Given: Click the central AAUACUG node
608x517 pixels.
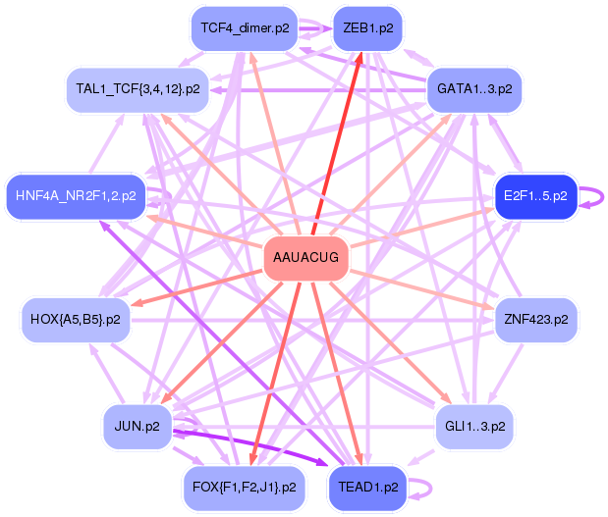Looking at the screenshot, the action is point(305,257).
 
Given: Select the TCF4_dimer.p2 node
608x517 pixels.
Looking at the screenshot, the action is point(245,28).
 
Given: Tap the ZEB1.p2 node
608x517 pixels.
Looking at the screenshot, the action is point(368,28).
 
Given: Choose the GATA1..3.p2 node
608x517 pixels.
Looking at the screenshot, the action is point(474,89).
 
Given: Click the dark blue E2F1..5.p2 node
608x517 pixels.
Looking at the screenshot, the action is point(535,196).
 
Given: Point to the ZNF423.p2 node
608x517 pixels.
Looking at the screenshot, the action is point(536,320).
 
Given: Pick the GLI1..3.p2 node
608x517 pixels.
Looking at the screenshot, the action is point(474,427).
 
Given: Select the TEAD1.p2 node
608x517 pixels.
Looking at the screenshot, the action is point(367,488).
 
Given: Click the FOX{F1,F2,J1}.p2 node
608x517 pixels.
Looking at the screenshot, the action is point(245,488).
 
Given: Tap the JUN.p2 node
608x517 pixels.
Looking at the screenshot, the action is point(138,427).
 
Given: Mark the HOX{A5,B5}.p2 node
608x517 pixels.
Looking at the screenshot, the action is point(76,320).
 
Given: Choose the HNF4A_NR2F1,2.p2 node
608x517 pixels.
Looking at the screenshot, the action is point(76,196).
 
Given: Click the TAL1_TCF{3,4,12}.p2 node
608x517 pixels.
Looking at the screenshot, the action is point(138,89).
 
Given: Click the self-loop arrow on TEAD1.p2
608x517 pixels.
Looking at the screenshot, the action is point(430,489).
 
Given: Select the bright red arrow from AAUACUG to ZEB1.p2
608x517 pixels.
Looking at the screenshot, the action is point(337,143).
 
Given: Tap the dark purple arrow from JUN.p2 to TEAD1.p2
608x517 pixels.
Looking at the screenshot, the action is point(250,447).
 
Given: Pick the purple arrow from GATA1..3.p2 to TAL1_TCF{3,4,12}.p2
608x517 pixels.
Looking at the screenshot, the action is point(318,90).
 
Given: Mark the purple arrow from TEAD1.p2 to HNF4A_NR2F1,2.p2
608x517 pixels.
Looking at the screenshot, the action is point(221,342).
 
